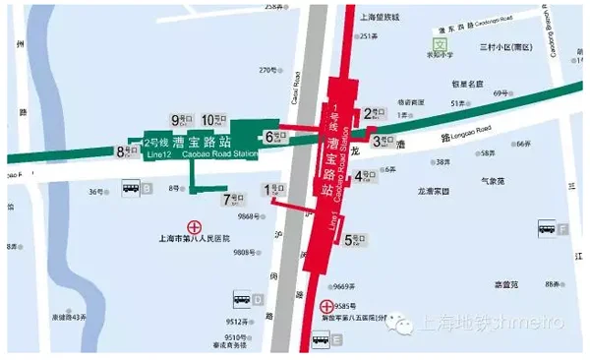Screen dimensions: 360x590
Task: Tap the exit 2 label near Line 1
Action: (374, 113)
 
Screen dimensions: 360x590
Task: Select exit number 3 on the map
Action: (383, 142)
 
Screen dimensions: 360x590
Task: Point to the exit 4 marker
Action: (365, 177)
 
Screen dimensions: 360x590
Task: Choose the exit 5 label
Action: (353, 238)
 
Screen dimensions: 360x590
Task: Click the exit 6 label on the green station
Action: (274, 137)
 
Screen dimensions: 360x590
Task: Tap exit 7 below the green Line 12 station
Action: (233, 199)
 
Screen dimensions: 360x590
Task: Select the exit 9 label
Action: (181, 120)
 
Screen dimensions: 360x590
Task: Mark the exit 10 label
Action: (213, 120)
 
